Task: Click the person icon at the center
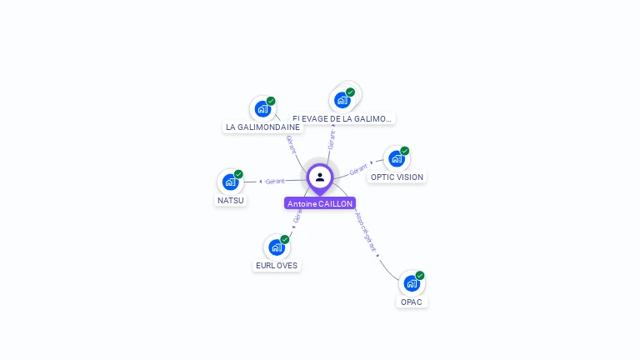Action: pos(320,177)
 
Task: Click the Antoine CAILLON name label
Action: pos(320,203)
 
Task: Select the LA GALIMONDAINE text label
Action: pos(262,127)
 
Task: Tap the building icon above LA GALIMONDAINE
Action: pos(262,109)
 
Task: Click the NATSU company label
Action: pos(231,200)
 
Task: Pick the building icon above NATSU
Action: pos(230,182)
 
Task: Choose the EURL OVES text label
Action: pos(276,266)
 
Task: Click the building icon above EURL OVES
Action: pos(276,247)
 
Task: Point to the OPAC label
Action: pos(412,302)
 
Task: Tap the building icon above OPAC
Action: pos(411,283)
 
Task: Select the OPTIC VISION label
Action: pos(397,177)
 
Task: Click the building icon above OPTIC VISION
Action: pos(396,158)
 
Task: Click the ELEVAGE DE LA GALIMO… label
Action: pos(342,119)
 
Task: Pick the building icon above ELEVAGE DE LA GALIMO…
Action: pos(342,100)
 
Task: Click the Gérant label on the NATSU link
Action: pos(275,181)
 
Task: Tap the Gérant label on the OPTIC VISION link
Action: pos(358,169)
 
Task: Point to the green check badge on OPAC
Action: pos(420,275)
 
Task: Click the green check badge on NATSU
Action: pos(238,174)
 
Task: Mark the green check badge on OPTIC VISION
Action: pos(405,151)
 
